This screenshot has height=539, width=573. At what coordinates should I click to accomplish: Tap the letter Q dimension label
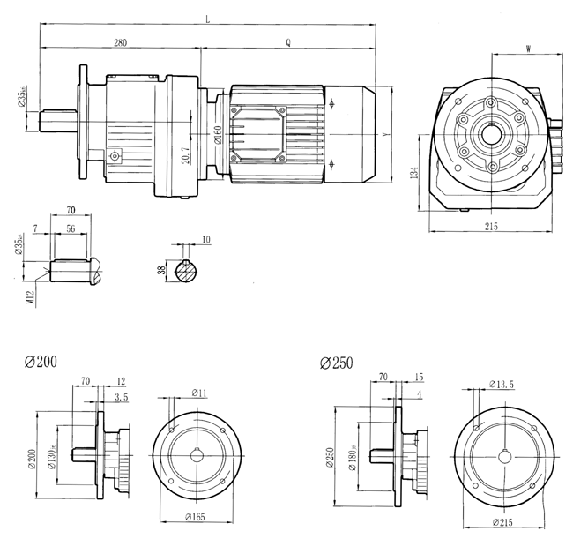[288, 42]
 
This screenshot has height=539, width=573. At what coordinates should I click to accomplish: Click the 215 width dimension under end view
[491, 226]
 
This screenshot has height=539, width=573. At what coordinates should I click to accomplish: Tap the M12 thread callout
[31, 296]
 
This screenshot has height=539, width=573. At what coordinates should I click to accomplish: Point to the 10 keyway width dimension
[206, 239]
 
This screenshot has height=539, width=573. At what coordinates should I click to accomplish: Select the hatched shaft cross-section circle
[186, 273]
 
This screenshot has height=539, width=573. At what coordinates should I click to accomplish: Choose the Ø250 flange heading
[335, 362]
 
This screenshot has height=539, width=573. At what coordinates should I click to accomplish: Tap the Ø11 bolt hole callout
[199, 392]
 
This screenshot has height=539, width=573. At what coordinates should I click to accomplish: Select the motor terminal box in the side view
[258, 133]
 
